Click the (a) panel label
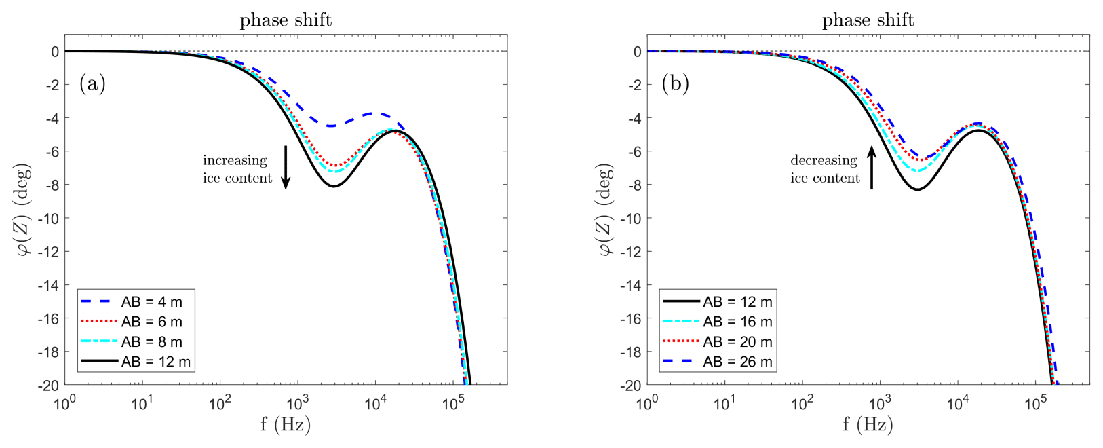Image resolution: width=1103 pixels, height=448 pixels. (x=92, y=83)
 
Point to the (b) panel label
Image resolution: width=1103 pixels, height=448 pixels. (x=675, y=83)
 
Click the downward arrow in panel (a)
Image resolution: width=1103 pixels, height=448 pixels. (x=286, y=166)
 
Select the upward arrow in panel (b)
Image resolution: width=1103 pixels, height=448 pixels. (x=872, y=166)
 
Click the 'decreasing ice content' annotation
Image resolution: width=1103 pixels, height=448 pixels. (x=824, y=169)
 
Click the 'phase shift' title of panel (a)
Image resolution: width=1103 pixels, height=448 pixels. (x=286, y=20)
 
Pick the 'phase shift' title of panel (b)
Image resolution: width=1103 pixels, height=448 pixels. (x=868, y=20)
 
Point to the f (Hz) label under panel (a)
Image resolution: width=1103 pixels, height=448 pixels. (x=286, y=425)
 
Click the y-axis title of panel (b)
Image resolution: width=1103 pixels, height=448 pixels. (x=605, y=210)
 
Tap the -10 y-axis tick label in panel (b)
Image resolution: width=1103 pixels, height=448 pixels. (x=632, y=218)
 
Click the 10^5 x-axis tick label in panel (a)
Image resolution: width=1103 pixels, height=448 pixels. (x=453, y=403)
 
